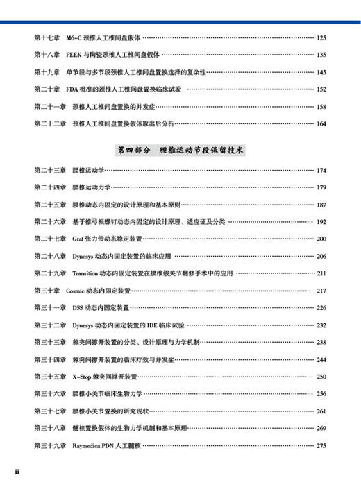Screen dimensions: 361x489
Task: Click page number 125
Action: [321, 37]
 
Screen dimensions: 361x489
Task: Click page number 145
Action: [321, 72]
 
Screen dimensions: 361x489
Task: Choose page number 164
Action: [321, 124]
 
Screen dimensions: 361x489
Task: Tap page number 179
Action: [321, 187]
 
